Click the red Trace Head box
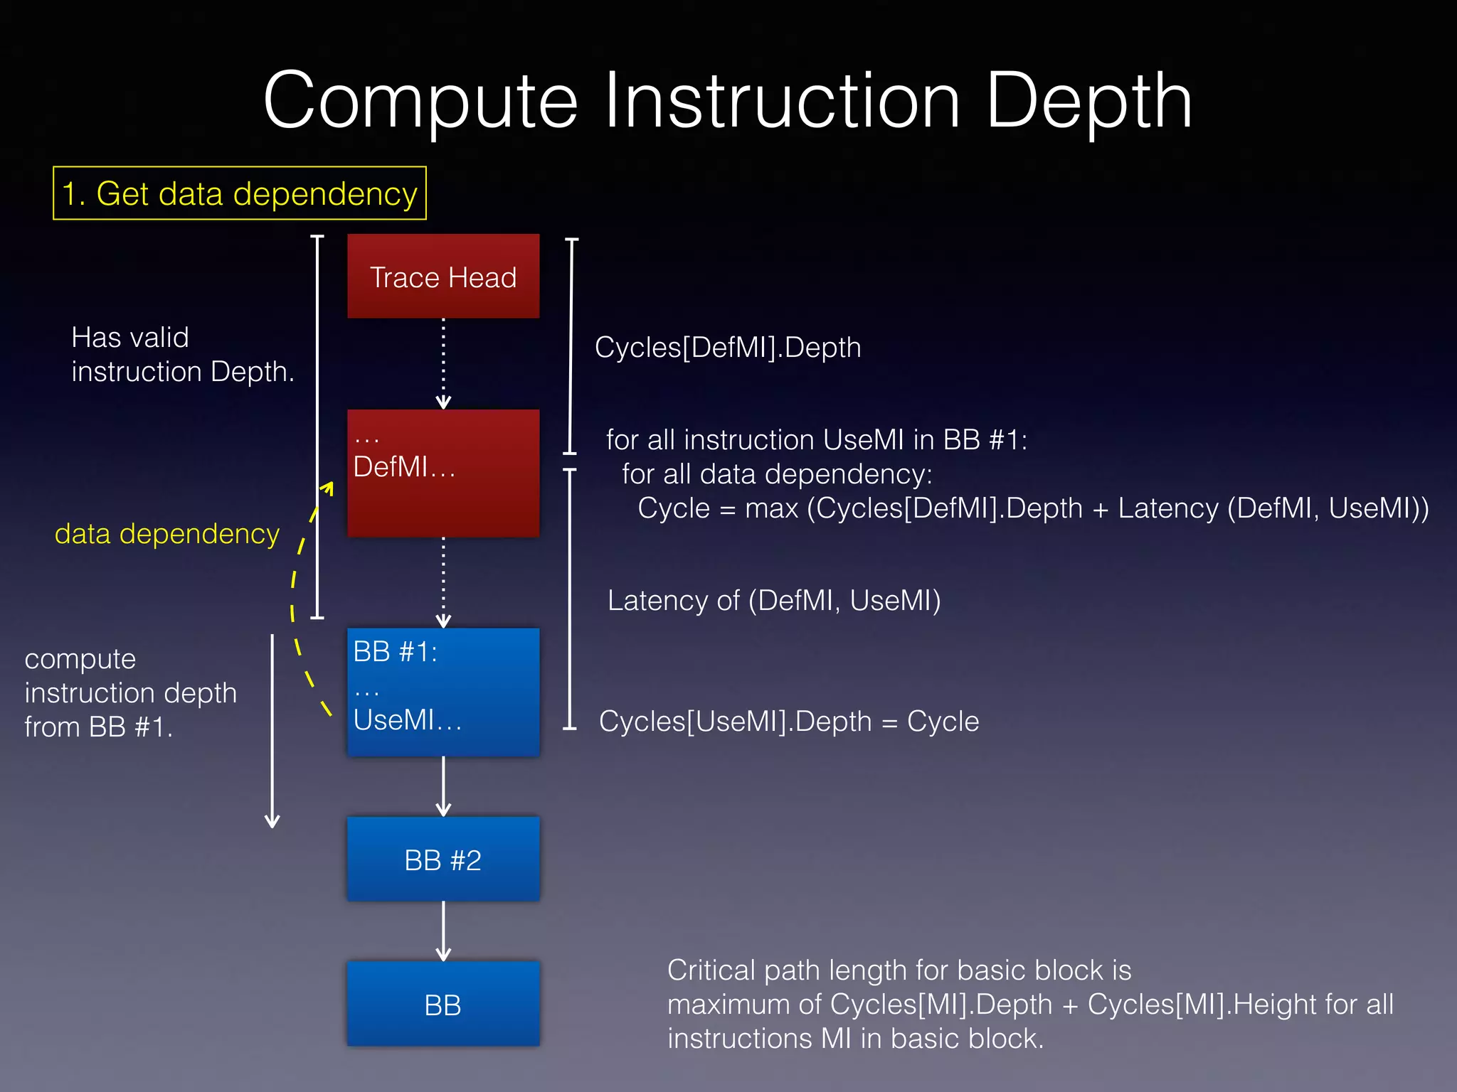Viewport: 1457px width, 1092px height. coord(443,276)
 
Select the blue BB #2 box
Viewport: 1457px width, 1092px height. coord(443,860)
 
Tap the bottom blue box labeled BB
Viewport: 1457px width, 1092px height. coord(443,1005)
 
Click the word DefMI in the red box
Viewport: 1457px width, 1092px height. coord(390,467)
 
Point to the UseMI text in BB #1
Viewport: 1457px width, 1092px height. coord(393,720)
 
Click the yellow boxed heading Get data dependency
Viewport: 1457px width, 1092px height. coord(240,193)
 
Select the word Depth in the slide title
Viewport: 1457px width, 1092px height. coord(1088,102)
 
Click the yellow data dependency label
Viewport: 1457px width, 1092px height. coord(167,534)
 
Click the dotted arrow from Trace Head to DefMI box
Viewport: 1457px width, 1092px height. coord(443,363)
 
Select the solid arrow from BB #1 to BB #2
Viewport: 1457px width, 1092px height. coord(443,786)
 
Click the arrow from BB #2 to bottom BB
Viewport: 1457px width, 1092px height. coord(443,931)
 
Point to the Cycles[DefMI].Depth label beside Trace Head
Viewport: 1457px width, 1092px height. coord(727,348)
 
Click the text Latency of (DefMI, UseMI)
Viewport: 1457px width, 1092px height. coord(773,601)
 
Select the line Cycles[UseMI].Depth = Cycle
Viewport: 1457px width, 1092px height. coord(788,722)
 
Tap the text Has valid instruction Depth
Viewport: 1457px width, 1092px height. coord(182,355)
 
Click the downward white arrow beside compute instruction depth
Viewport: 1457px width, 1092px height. coord(272,732)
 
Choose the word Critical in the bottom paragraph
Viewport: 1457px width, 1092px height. coord(711,970)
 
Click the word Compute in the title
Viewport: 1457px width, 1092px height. coord(420,102)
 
